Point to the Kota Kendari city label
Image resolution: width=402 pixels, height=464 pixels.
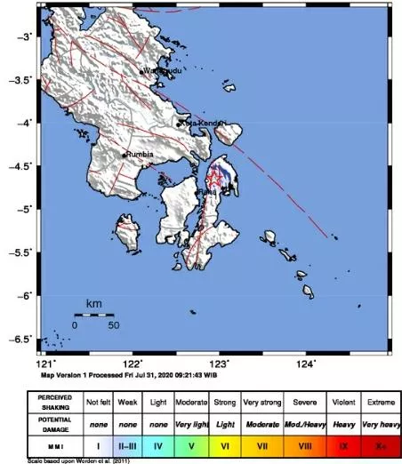199,124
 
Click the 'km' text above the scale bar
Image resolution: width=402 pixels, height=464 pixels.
93,305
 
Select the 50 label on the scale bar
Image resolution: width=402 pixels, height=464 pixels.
113,325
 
